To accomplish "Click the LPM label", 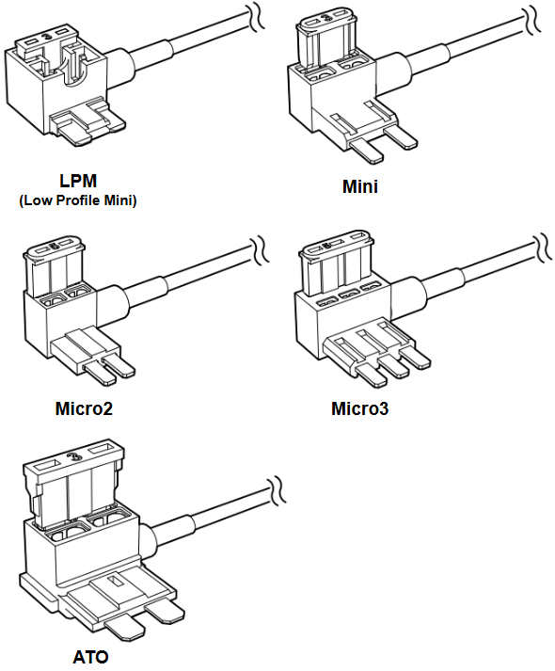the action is coord(78,181).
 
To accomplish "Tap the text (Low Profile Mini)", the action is coord(78,200).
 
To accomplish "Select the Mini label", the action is coord(360,186).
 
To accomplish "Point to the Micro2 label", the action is coord(84,408).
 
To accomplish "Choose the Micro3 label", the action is coord(360,408).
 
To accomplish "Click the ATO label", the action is coord(90,657).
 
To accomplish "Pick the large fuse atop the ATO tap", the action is coord(72,484).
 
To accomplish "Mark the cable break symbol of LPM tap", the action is coord(256,17).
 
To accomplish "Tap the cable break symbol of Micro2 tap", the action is coord(260,248).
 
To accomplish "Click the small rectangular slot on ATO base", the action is coord(114,582).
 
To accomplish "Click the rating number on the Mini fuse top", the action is coord(326,18).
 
